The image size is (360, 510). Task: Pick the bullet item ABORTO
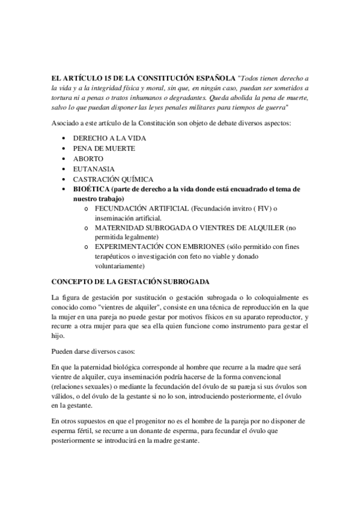pos(88,159)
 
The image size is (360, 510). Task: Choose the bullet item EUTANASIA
pos(94,169)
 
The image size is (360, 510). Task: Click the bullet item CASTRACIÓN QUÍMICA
pos(113,179)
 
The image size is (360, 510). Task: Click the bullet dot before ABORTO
pos(64,159)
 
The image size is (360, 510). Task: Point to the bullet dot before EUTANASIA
pos(64,169)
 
